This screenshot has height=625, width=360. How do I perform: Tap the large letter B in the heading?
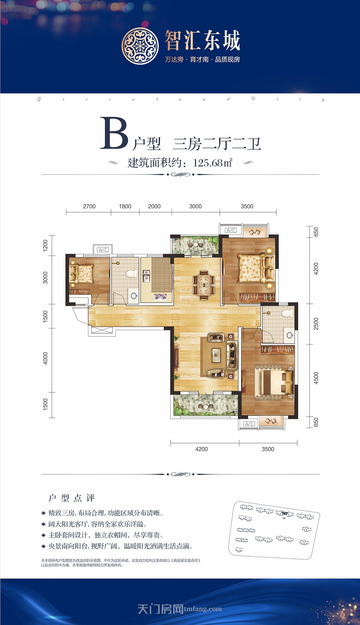pos(114,134)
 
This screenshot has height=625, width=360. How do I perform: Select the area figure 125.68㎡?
pos(212,163)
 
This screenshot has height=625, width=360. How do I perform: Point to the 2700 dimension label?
pos(89,206)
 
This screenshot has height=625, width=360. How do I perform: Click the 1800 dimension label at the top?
pos(125,206)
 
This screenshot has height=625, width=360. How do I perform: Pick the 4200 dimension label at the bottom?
pos(201,449)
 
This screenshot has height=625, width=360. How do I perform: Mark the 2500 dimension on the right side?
pos(316,324)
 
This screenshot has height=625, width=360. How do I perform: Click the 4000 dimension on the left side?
pos(45,358)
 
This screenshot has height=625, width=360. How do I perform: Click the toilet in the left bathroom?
pos(131,274)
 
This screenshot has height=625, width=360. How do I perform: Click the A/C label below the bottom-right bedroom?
pos(249,424)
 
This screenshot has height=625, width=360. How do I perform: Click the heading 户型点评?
pos(72,498)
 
